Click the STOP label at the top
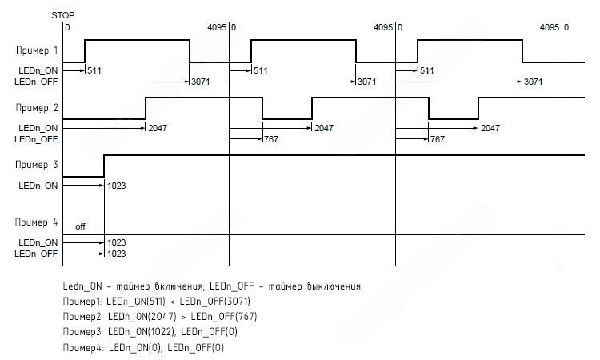coord(63,15)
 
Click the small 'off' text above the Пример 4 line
coord(80,226)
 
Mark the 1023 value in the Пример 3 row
coord(117,185)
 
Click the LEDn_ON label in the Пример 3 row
coord(38,185)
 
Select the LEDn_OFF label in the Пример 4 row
coord(38,253)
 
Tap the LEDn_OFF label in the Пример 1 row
coord(38,82)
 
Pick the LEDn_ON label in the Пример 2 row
coord(38,127)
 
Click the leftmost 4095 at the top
coord(216,27)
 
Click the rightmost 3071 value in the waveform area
coord(534,82)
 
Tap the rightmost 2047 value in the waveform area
coord(490,128)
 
